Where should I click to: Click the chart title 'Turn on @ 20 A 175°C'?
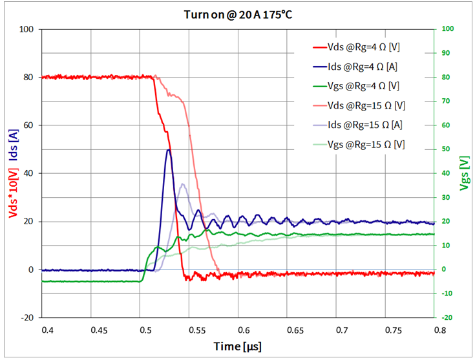click(x=237, y=14)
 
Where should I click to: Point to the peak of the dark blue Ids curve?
click(x=169, y=149)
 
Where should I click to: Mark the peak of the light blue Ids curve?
click(x=183, y=184)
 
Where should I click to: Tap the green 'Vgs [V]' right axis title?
click(x=463, y=173)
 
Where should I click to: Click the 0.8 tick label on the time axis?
click(x=439, y=330)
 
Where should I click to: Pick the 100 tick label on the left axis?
click(x=26, y=29)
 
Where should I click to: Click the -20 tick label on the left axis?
click(x=26, y=318)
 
